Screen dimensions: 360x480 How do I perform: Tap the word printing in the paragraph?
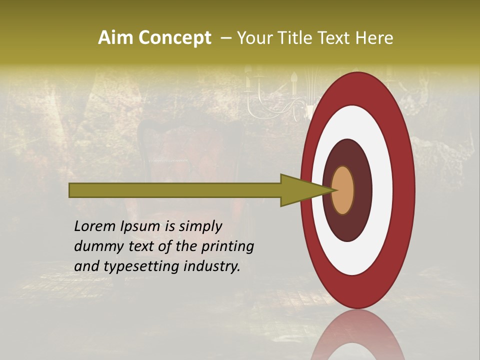(x=227, y=246)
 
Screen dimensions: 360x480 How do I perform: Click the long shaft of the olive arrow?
(x=175, y=190)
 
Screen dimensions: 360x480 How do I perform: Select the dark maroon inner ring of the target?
(x=362, y=190)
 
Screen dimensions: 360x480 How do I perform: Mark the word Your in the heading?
(x=253, y=38)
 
